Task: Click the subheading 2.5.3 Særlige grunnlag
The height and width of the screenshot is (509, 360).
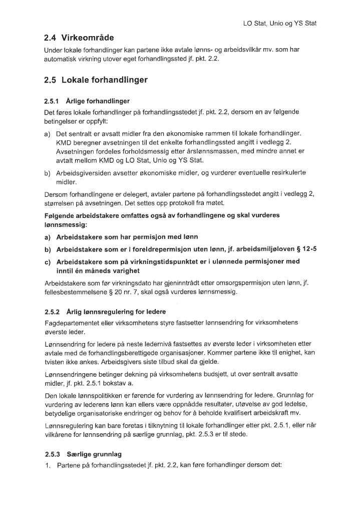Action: click(82, 454)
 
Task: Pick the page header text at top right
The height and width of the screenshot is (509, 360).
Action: click(280, 23)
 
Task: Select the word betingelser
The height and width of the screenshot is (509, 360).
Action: click(61, 120)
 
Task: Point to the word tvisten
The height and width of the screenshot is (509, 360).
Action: click(55, 362)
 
